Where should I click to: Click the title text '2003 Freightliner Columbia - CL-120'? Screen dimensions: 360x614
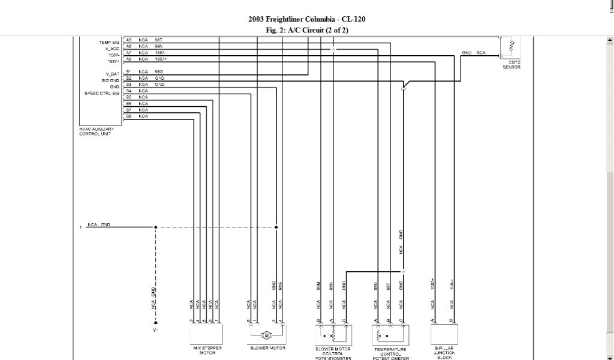point(306,19)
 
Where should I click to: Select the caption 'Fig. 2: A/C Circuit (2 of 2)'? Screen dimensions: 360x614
point(306,29)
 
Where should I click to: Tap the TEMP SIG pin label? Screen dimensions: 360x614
point(109,43)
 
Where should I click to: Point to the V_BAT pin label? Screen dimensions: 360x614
point(113,73)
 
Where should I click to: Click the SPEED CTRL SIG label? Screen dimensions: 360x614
point(102,93)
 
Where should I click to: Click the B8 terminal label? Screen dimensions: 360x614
point(128,116)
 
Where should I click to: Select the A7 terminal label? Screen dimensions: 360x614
point(128,53)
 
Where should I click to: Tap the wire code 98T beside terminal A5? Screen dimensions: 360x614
point(159,40)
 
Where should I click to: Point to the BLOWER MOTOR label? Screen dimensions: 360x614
point(267,348)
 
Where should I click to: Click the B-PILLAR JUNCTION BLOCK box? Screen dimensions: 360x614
point(444,333)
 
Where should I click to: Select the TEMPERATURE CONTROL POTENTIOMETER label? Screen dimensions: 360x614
point(390,353)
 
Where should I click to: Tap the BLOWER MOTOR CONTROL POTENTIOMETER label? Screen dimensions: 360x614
point(333,353)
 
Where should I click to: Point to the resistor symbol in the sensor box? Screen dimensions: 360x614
point(511,45)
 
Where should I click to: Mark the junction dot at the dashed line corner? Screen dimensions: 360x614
point(156,227)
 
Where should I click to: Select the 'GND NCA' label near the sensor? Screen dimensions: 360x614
point(474,53)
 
